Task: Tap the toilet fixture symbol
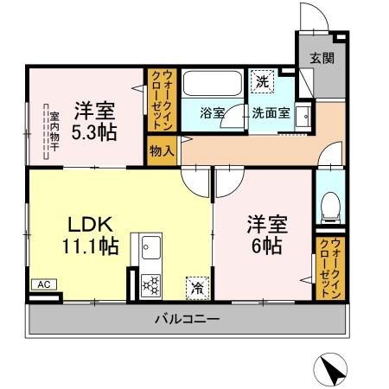point(328,206)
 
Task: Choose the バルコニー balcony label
point(187,320)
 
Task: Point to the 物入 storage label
point(162,150)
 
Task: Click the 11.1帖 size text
point(90,247)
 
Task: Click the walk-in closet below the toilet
point(330,267)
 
